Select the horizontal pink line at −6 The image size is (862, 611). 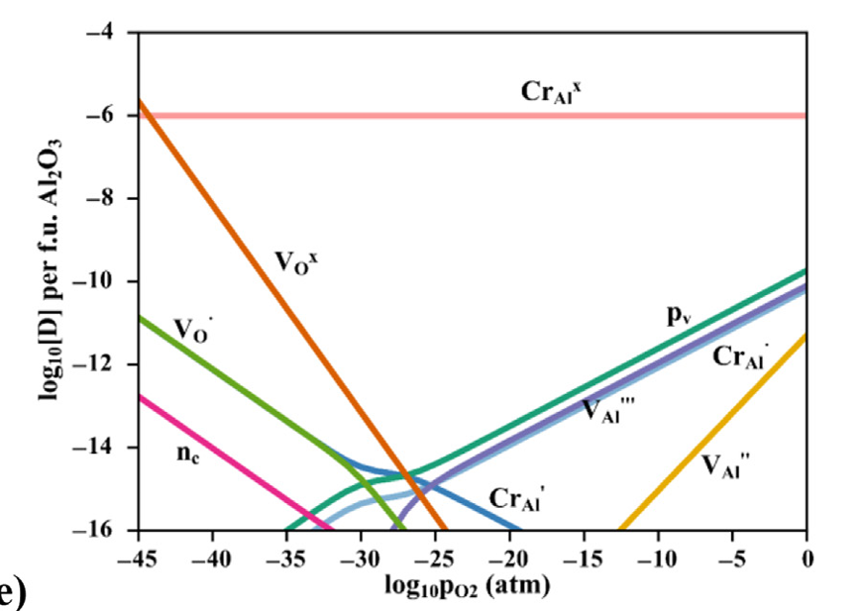396,116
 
